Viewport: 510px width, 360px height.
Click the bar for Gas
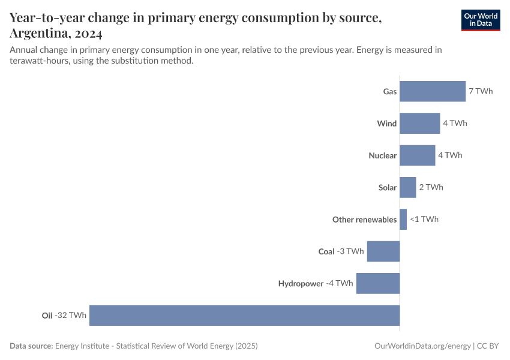pos(433,91)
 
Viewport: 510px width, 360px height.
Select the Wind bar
pos(419,123)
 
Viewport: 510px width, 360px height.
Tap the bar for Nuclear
pos(417,155)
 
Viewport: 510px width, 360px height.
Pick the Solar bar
pos(407,187)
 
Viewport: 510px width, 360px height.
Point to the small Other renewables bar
pos(403,219)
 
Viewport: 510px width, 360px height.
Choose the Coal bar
pos(383,251)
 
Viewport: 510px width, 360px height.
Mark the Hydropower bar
pos(378,283)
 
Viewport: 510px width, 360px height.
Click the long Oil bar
pos(244,315)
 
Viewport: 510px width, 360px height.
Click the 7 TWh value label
pos(481,91)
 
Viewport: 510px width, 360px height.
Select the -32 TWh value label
pos(71,315)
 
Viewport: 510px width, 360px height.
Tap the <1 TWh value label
pos(424,219)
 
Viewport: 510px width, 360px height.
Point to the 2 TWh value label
pos(431,187)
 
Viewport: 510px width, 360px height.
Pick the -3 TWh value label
pos(350,251)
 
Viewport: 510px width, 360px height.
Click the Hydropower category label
pos(301,283)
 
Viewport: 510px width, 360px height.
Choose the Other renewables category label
pos(364,220)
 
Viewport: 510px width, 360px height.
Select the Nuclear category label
pos(382,155)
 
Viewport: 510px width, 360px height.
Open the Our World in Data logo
pos(480,20)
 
